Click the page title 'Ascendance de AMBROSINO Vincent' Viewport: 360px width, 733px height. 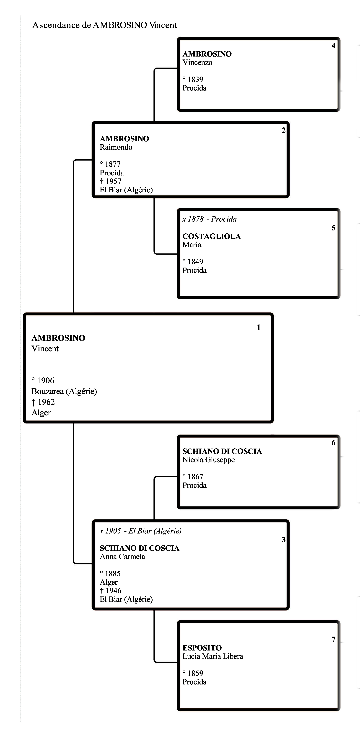105,25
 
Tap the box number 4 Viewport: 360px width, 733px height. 334,46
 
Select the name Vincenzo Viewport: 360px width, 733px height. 197,63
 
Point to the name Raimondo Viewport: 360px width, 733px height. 116,147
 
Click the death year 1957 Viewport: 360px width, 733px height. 113,181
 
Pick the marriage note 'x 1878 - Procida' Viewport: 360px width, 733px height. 210,219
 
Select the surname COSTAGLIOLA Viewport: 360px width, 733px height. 211,236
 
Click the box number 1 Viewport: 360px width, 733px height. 258,328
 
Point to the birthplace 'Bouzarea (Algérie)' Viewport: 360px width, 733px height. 64,392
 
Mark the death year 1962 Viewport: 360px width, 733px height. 46,402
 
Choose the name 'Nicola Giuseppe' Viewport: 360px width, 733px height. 209,460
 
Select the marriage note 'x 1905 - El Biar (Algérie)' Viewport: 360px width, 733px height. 141,531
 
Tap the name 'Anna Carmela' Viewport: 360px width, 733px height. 122,557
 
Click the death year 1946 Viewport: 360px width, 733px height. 113,591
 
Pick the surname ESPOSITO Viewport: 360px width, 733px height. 202,648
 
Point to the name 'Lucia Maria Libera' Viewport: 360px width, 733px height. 213,656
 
